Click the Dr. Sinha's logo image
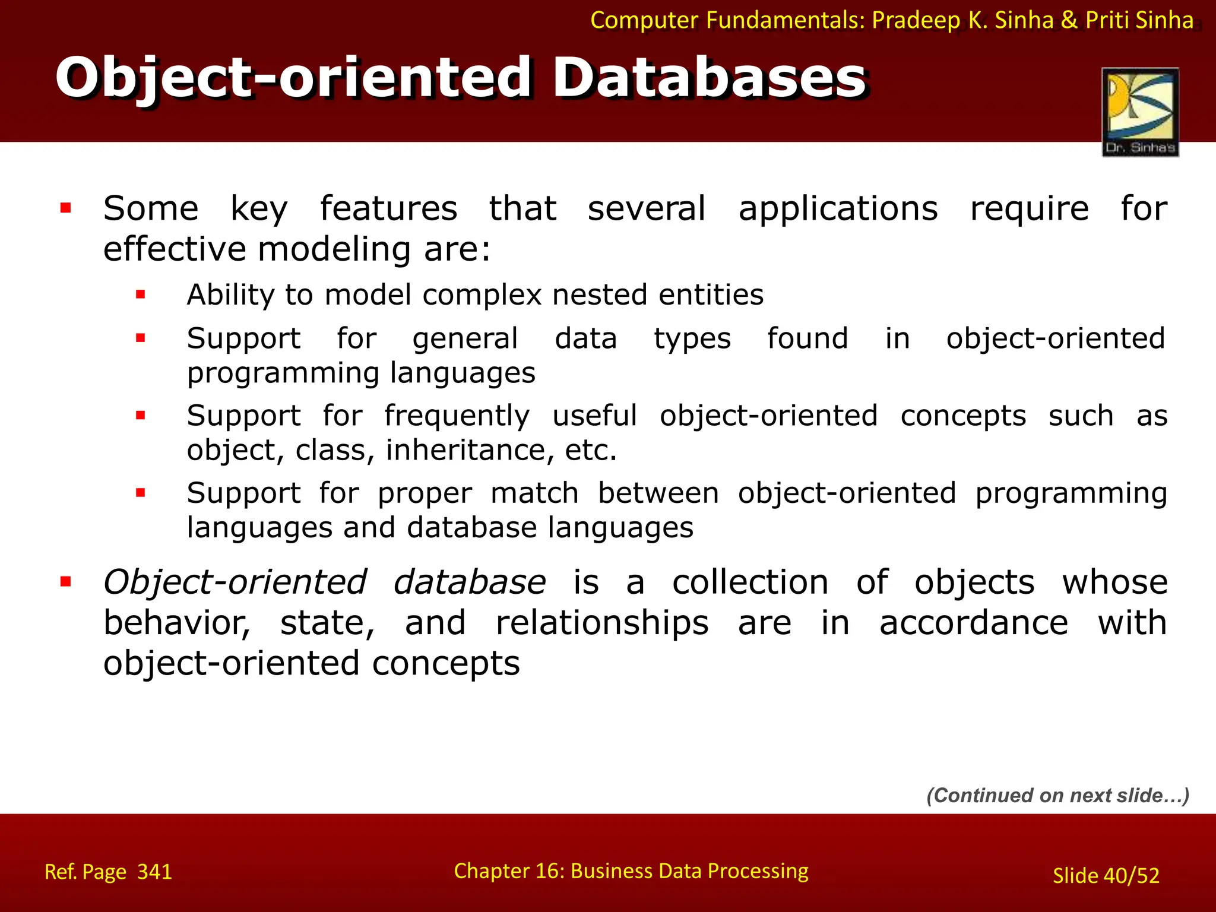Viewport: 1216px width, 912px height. pyautogui.click(x=1140, y=112)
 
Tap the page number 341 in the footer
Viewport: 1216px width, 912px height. pyautogui.click(x=154, y=872)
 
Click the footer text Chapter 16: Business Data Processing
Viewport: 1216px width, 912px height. pyautogui.click(x=631, y=870)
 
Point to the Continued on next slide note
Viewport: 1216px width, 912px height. pyautogui.click(x=1057, y=795)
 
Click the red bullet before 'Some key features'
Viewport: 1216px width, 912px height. pyautogui.click(x=66, y=208)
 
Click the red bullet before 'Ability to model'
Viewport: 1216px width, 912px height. pyautogui.click(x=141, y=294)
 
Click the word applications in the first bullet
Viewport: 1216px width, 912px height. pyautogui.click(x=838, y=209)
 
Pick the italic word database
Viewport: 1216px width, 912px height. pyautogui.click(x=469, y=582)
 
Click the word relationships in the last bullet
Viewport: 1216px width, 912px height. pyautogui.click(x=602, y=623)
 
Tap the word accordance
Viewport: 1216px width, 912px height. pyautogui.click(x=973, y=623)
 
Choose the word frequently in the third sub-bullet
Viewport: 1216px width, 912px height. pyautogui.click(x=457, y=416)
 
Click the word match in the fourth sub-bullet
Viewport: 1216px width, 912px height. pyautogui.click(x=534, y=493)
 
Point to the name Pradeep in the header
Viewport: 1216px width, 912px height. pyautogui.click(x=916, y=20)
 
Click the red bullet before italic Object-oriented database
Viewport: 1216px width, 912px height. pyautogui.click(x=66, y=581)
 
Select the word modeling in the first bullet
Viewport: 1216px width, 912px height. pyautogui.click(x=334, y=249)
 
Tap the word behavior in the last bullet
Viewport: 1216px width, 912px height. pyautogui.click(x=176, y=623)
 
